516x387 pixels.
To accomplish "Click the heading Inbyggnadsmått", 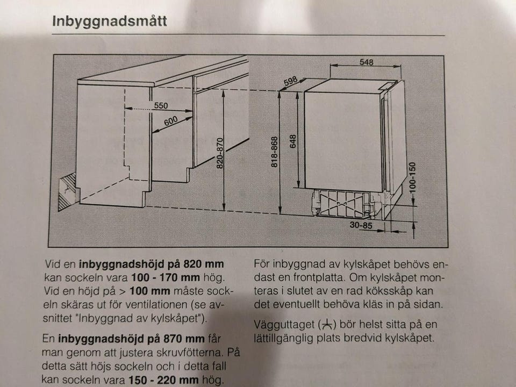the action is (x=109, y=21).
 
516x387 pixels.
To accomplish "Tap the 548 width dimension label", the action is (x=366, y=62).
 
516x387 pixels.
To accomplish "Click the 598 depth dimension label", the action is (x=291, y=81).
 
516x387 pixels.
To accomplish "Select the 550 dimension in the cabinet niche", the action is (x=161, y=106).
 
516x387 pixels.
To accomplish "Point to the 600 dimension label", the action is (x=171, y=121).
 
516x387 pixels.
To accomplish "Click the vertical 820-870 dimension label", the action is (x=220, y=153).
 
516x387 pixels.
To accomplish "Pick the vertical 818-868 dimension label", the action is (x=275, y=152).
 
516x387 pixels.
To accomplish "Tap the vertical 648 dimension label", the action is (x=293, y=141).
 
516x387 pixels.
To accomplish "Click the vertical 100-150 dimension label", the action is (x=412, y=177).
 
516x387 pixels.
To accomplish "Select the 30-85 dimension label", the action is (x=361, y=225).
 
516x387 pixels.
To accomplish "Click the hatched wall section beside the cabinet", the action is (x=67, y=192).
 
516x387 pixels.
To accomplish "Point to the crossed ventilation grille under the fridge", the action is (x=341, y=204).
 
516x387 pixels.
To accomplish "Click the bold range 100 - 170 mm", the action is (x=166, y=277).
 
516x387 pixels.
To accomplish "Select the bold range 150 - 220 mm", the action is (x=163, y=380).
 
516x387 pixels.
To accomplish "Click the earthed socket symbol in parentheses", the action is (x=327, y=325).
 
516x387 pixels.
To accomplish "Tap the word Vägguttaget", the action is (x=284, y=325).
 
